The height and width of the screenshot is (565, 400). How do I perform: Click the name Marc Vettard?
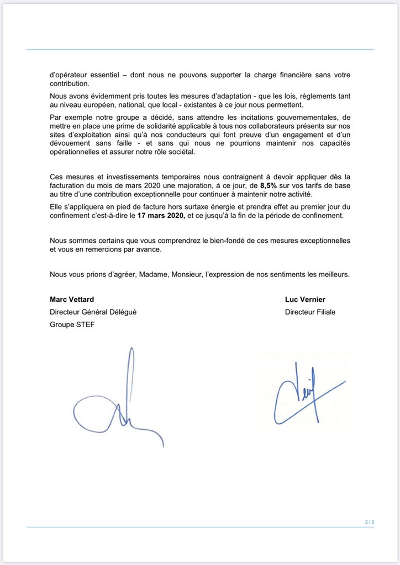(x=72, y=300)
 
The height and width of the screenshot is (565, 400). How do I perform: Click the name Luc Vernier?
(x=306, y=300)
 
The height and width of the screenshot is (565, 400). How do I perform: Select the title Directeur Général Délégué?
(x=93, y=312)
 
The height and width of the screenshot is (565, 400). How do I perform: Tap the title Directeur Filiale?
(x=310, y=312)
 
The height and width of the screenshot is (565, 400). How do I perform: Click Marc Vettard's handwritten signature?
(x=119, y=403)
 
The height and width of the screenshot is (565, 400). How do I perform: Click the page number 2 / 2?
(x=369, y=521)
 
